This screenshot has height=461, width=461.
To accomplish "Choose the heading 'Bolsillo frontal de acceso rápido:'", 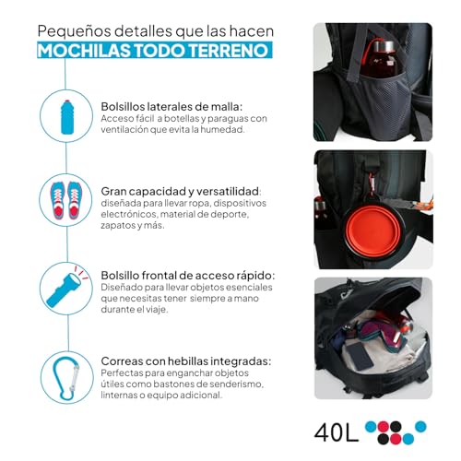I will pyautogui.click(x=186, y=274).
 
